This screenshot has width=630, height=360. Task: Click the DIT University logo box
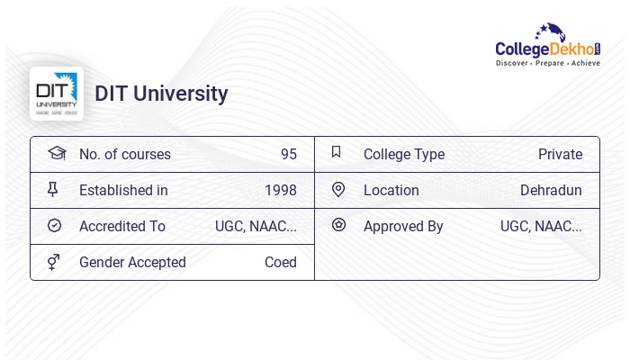coord(57,94)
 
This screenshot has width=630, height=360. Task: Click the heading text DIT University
coord(161,94)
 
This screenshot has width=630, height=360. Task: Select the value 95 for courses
coord(288,154)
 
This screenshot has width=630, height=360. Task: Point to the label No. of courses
coord(124,154)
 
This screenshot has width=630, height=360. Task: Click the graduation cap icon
coord(57,153)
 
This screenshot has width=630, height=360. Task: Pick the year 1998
coord(280,190)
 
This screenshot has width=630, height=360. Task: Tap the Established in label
coord(123,190)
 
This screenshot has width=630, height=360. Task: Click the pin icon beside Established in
coord(54,189)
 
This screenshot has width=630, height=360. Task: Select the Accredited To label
coord(121,226)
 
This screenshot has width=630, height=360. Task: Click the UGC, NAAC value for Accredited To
coord(256,226)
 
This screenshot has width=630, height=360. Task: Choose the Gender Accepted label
coord(132,262)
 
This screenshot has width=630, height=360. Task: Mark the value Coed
coord(280,262)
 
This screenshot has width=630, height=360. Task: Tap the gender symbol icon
coord(54,261)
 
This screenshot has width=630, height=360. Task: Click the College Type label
coord(403,154)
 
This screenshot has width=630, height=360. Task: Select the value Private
coord(560,154)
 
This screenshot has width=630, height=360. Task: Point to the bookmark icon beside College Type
coord(337,152)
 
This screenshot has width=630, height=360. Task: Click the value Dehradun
coord(551,190)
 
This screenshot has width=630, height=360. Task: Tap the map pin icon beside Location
coord(338,189)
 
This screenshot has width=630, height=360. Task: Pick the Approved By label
coord(403,226)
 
